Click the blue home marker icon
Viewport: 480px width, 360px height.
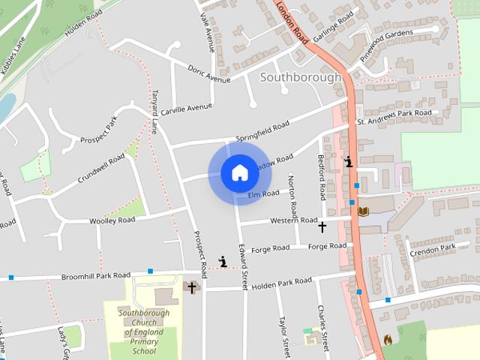(239, 172)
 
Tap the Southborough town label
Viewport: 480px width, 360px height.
(300, 76)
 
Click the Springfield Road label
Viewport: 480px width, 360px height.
(262, 132)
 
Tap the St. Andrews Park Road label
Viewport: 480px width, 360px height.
(394, 117)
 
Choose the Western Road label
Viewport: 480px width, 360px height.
(294, 220)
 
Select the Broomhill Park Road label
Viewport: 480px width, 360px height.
(96, 276)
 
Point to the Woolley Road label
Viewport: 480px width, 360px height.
(112, 220)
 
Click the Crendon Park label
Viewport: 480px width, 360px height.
(433, 247)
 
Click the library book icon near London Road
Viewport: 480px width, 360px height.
(364, 212)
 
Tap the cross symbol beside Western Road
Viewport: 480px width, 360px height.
(322, 226)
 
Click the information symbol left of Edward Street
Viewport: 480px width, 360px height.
(223, 261)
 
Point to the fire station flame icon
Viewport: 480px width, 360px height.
(387, 340)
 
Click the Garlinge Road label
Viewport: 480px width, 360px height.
(333, 28)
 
